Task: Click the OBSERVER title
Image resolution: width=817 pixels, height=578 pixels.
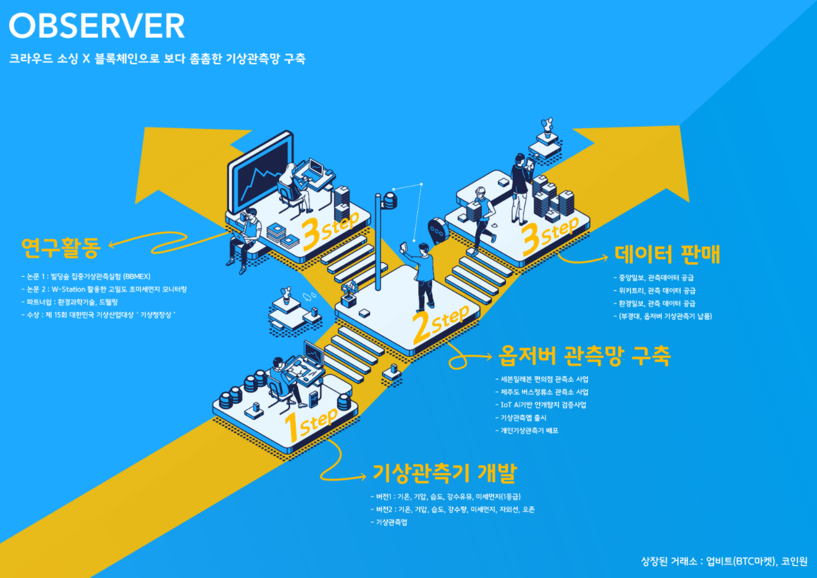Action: pos(97,27)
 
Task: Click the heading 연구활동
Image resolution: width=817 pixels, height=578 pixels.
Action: pos(61,247)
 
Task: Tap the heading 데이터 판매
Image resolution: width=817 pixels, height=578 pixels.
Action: pos(667,254)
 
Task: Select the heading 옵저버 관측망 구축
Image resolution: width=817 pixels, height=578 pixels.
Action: pos(584,355)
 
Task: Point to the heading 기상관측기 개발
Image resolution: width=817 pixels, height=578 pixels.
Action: pos(445,472)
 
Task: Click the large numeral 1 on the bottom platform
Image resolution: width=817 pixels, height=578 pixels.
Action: pos(291,427)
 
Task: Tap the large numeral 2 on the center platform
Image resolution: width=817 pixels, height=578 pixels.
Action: pos(421,327)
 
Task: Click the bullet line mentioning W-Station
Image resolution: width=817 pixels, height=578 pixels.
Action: pos(107,289)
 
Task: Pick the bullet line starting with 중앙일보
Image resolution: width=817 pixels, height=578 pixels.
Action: pos(656,277)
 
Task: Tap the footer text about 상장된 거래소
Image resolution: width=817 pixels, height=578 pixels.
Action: pos(724,561)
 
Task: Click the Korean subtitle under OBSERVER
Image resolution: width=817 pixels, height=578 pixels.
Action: pos(157,59)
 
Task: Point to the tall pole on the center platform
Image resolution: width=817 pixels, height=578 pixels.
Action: pos(378,242)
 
